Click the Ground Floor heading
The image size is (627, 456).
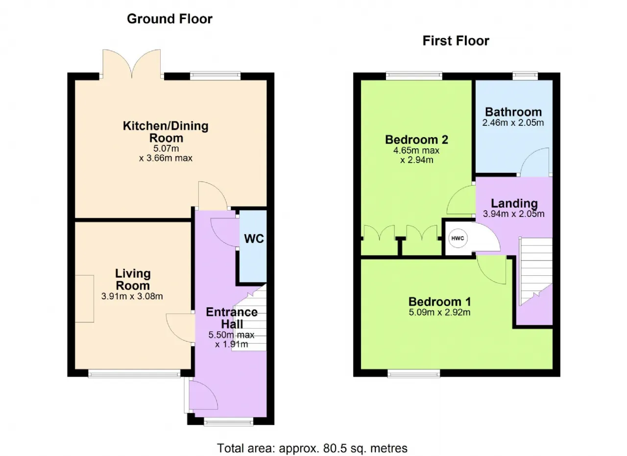pyautogui.click(x=169, y=19)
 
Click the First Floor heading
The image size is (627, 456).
pyautogui.click(x=456, y=41)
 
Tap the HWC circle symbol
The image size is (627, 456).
pyautogui.click(x=458, y=238)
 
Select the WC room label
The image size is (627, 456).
pyautogui.click(x=254, y=239)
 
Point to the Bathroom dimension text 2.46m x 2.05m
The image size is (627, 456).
pyautogui.click(x=513, y=122)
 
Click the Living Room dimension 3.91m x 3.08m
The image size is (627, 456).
pyautogui.click(x=132, y=296)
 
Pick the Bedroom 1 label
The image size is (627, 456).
pyautogui.click(x=439, y=302)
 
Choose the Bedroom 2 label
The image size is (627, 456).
pyautogui.click(x=416, y=140)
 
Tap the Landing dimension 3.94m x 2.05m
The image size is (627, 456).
pyautogui.click(x=514, y=214)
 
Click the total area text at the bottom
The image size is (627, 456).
pyautogui.click(x=312, y=448)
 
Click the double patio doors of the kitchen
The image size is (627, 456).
pyautogui.click(x=132, y=64)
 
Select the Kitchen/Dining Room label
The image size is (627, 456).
pyautogui.click(x=166, y=132)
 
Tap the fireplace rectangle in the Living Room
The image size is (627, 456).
pyautogui.click(x=84, y=299)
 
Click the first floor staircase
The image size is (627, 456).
pyautogui.click(x=536, y=271)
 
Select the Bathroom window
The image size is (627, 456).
pyautogui.click(x=525, y=76)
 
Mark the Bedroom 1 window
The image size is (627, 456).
pyautogui.click(x=414, y=373)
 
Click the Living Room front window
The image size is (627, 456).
pyautogui.click(x=134, y=373)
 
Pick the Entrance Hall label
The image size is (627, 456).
pyautogui.click(x=232, y=318)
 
